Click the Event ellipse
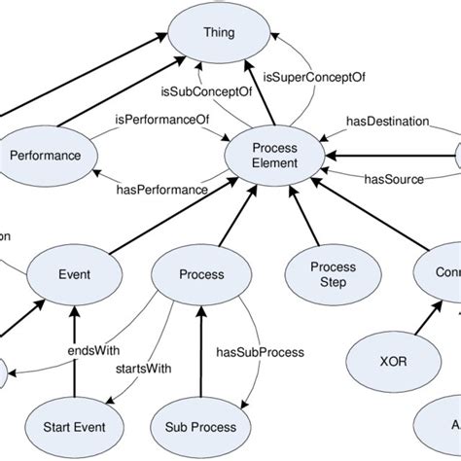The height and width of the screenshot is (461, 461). (x=74, y=273)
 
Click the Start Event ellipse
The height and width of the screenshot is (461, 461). (x=74, y=425)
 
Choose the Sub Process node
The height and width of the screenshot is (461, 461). (x=199, y=425)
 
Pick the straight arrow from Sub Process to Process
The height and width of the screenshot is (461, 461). (x=199, y=350)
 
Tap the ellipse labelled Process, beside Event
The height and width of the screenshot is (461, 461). (x=199, y=273)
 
